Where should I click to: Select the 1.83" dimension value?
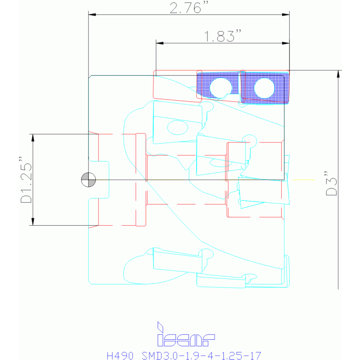(x=222, y=36)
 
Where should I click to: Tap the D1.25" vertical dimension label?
(x=26, y=180)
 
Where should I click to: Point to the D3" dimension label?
(x=331, y=183)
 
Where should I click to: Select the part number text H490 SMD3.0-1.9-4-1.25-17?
(x=184, y=355)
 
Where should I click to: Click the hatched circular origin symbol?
(x=88, y=180)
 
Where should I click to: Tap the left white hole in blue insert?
(x=221, y=88)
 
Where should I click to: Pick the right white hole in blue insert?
(x=264, y=88)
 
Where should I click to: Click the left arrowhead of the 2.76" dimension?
(x=92, y=15)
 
